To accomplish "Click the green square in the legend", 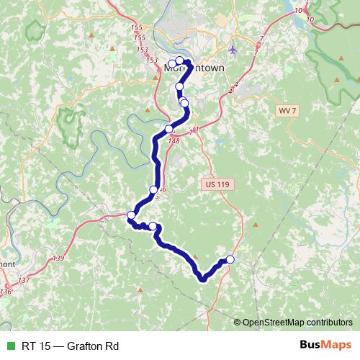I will coord(9,346).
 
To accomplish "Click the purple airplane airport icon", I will coord(232,50).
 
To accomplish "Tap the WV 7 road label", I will coord(287,110).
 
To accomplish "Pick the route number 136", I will coord(6,292).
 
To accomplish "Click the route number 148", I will coord(174,140).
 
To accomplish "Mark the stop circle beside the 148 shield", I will coord(169,130).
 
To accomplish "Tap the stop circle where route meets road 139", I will coord(131,215).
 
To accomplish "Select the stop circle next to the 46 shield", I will coord(153,190).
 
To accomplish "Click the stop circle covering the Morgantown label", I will coord(179,61).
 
